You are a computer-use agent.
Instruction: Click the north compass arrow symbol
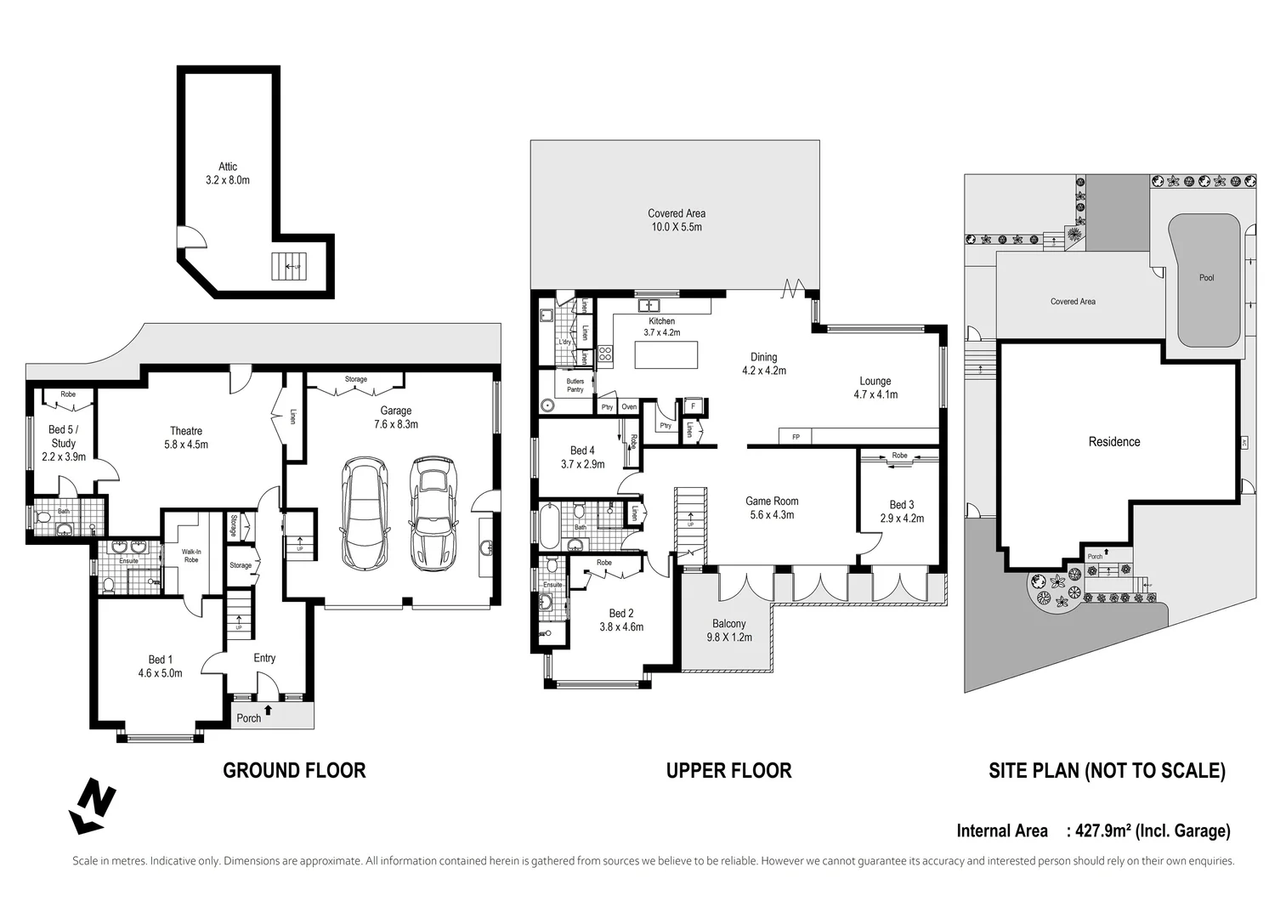coord(92,806)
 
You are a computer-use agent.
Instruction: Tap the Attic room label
coord(228,173)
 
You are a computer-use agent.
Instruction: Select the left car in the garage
coord(364,513)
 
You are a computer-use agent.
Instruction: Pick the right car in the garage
coord(433,513)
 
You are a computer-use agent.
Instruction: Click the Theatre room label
coord(186,437)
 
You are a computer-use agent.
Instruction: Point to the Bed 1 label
coord(160,666)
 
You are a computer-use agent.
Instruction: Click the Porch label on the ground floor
coord(249,718)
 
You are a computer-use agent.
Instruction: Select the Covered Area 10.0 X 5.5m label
coord(676,220)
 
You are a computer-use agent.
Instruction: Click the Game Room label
coord(772,507)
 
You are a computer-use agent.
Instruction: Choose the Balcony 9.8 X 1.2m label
coord(728,630)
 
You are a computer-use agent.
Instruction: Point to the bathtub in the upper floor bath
coord(549,527)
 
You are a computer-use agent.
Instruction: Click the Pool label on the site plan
coord(1206,278)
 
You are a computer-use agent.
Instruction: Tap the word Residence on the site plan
coord(1113,442)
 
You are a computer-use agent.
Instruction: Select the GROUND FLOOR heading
coord(294,771)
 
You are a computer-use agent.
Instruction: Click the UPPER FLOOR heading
coord(728,771)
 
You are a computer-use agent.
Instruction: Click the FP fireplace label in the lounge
coord(796,437)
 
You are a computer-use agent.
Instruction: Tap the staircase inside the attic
coord(286,266)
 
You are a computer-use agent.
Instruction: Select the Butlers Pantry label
coord(575,385)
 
